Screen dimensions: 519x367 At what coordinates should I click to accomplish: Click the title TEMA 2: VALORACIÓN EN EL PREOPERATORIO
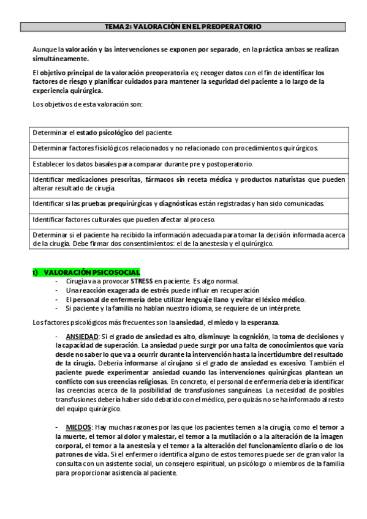183,27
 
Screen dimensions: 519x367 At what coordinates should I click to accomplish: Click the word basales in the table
108,164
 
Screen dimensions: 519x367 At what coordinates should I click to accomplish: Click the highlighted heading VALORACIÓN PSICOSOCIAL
92,272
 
